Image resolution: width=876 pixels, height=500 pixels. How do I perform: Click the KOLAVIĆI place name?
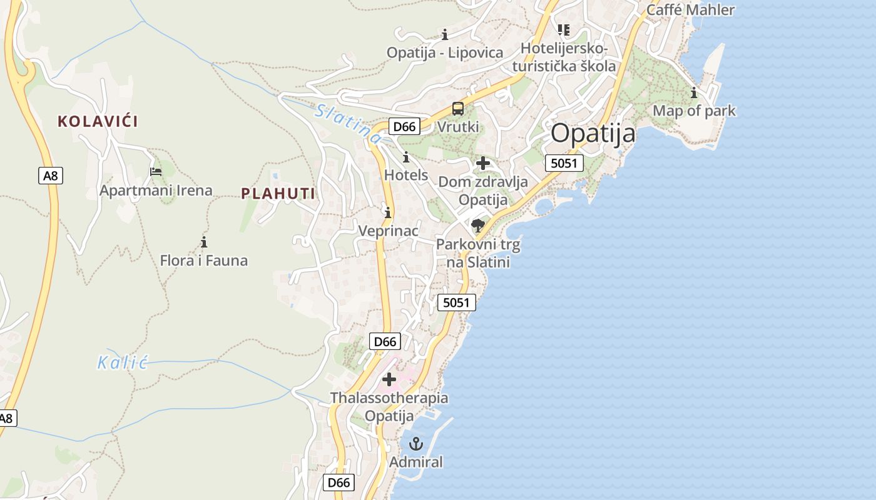click(x=98, y=121)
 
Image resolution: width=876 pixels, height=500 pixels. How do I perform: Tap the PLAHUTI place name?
click(x=278, y=194)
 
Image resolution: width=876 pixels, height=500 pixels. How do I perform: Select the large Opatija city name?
click(x=593, y=133)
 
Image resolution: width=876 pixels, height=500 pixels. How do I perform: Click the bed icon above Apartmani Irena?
click(x=156, y=171)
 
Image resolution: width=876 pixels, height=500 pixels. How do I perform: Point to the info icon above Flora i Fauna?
click(x=203, y=242)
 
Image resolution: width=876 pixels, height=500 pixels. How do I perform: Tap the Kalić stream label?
click(x=122, y=362)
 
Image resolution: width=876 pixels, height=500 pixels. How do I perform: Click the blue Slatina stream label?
click(x=348, y=122)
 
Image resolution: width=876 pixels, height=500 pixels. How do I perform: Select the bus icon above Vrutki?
click(x=458, y=109)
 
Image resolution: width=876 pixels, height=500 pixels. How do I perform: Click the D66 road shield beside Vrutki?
click(x=404, y=126)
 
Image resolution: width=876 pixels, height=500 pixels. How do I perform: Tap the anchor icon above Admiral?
click(x=416, y=444)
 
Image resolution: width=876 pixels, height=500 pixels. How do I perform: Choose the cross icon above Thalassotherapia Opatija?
click(x=389, y=379)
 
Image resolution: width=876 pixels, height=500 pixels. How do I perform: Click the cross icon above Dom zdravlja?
click(x=482, y=163)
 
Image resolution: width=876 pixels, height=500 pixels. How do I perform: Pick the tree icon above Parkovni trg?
click(x=478, y=225)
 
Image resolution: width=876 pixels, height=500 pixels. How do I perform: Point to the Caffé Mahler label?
click(x=690, y=10)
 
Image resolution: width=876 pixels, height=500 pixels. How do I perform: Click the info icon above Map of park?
click(x=693, y=93)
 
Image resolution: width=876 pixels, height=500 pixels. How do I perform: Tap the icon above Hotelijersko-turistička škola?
click(x=564, y=29)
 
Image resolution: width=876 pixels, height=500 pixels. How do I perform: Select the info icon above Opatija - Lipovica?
click(x=445, y=34)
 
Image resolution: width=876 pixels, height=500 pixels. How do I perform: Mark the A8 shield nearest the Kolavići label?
click(x=51, y=176)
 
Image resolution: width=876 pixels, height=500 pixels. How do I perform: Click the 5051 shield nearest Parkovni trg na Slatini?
click(x=456, y=302)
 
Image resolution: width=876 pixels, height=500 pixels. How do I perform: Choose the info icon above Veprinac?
click(x=388, y=212)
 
